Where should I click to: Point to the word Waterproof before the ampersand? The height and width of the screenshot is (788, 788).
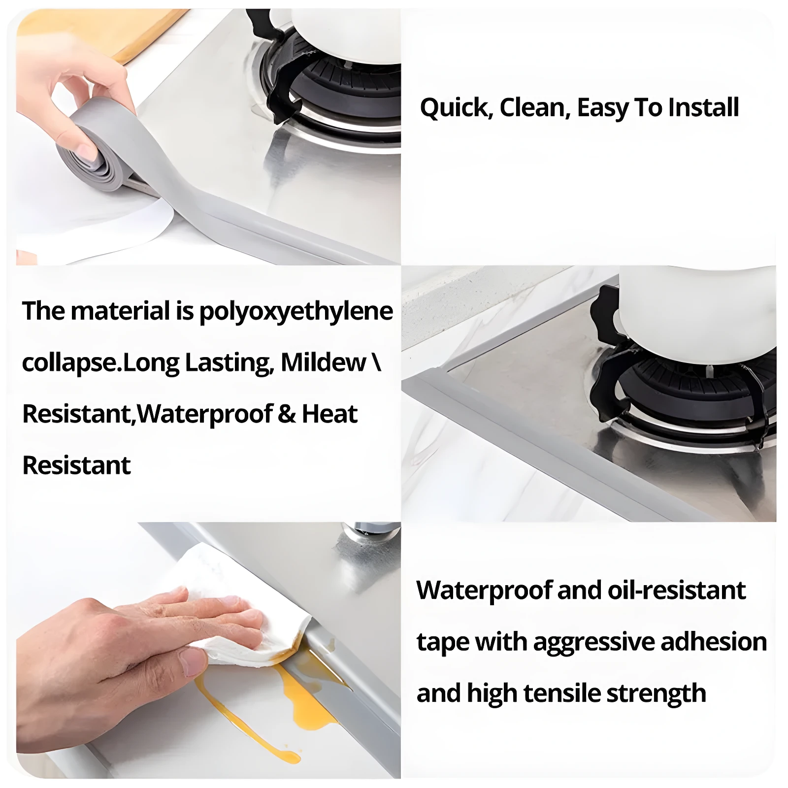[204, 414]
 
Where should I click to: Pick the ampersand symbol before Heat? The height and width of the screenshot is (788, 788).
[287, 414]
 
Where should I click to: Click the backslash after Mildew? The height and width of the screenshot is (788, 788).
[377, 363]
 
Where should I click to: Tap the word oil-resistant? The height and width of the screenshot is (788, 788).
[677, 590]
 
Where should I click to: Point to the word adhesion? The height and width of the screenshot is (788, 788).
[714, 642]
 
